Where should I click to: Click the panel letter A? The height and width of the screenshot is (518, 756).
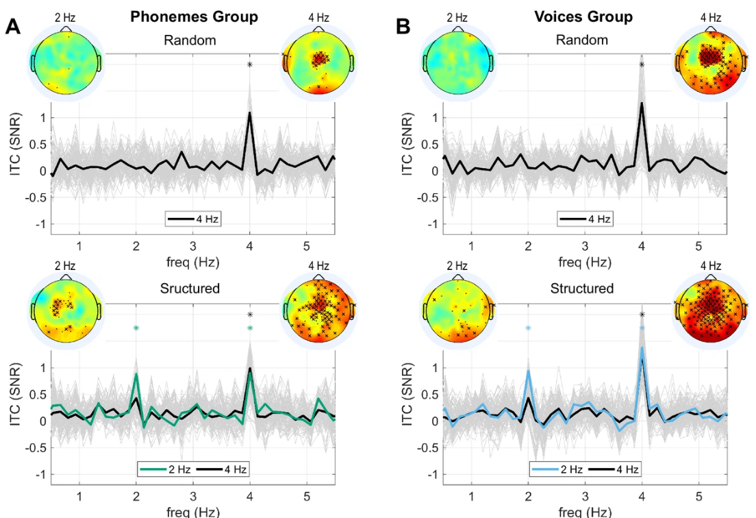[13, 27]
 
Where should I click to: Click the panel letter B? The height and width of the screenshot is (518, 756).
[403, 27]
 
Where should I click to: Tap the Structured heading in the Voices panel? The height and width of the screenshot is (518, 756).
[582, 288]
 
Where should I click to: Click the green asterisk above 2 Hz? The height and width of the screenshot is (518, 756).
[136, 329]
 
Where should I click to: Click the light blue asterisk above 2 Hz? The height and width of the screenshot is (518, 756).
[528, 329]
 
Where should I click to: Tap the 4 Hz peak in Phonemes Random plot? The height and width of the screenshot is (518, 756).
[250, 113]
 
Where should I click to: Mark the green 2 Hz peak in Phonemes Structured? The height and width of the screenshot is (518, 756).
[136, 374]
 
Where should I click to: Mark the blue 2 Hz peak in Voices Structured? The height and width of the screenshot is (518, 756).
[528, 371]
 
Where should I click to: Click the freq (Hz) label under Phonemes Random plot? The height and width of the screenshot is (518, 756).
[192, 262]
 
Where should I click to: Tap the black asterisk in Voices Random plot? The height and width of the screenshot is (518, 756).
[642, 65]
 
